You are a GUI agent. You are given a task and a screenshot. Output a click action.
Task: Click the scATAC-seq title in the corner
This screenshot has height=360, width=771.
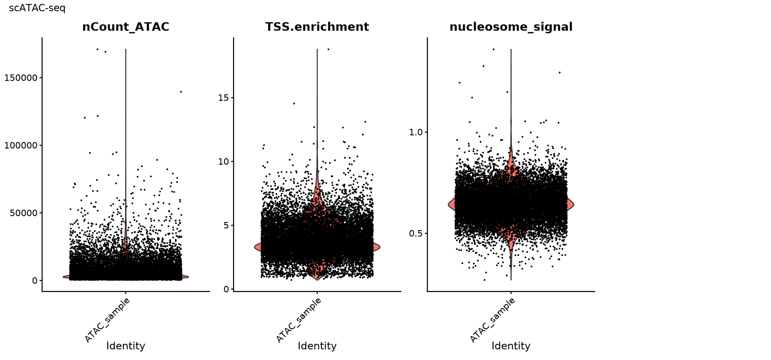(37, 8)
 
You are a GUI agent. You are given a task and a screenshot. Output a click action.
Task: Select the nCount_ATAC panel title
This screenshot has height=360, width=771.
(126, 27)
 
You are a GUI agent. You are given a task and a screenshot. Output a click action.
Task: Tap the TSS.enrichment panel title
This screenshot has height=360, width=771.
(317, 27)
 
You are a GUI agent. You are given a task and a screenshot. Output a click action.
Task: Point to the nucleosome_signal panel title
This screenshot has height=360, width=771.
(511, 27)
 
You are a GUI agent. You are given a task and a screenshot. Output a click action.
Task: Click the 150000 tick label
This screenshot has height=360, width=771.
(21, 78)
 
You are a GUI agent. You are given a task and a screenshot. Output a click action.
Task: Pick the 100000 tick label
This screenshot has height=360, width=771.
(21, 146)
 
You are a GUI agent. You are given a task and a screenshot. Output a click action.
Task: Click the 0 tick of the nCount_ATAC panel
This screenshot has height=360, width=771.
(35, 281)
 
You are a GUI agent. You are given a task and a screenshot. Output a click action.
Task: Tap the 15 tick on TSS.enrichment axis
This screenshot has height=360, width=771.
(223, 98)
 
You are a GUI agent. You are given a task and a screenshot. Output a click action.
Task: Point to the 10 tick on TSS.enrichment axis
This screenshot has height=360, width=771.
(223, 162)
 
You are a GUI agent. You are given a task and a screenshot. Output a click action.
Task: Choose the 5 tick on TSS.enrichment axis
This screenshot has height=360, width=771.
(226, 225)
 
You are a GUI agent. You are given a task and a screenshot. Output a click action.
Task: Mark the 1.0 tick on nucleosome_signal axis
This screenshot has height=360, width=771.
(415, 132)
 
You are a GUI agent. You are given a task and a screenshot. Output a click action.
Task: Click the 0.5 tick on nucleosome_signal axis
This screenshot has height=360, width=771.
(415, 234)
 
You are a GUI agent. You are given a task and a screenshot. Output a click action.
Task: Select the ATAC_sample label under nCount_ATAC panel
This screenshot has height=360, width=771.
(107, 320)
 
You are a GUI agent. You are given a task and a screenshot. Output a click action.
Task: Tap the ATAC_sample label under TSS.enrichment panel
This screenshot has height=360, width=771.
(299, 320)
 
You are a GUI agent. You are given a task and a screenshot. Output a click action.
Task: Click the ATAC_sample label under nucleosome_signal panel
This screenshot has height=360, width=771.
(493, 320)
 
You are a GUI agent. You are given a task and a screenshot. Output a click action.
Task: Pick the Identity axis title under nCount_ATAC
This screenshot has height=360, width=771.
(126, 346)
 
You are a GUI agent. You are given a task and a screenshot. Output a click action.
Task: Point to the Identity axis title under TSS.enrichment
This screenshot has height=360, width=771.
(317, 346)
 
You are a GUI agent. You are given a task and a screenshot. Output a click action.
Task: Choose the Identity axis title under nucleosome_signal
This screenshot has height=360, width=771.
(511, 346)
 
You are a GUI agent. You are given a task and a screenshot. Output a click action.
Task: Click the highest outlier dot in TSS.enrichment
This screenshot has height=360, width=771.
(329, 49)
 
